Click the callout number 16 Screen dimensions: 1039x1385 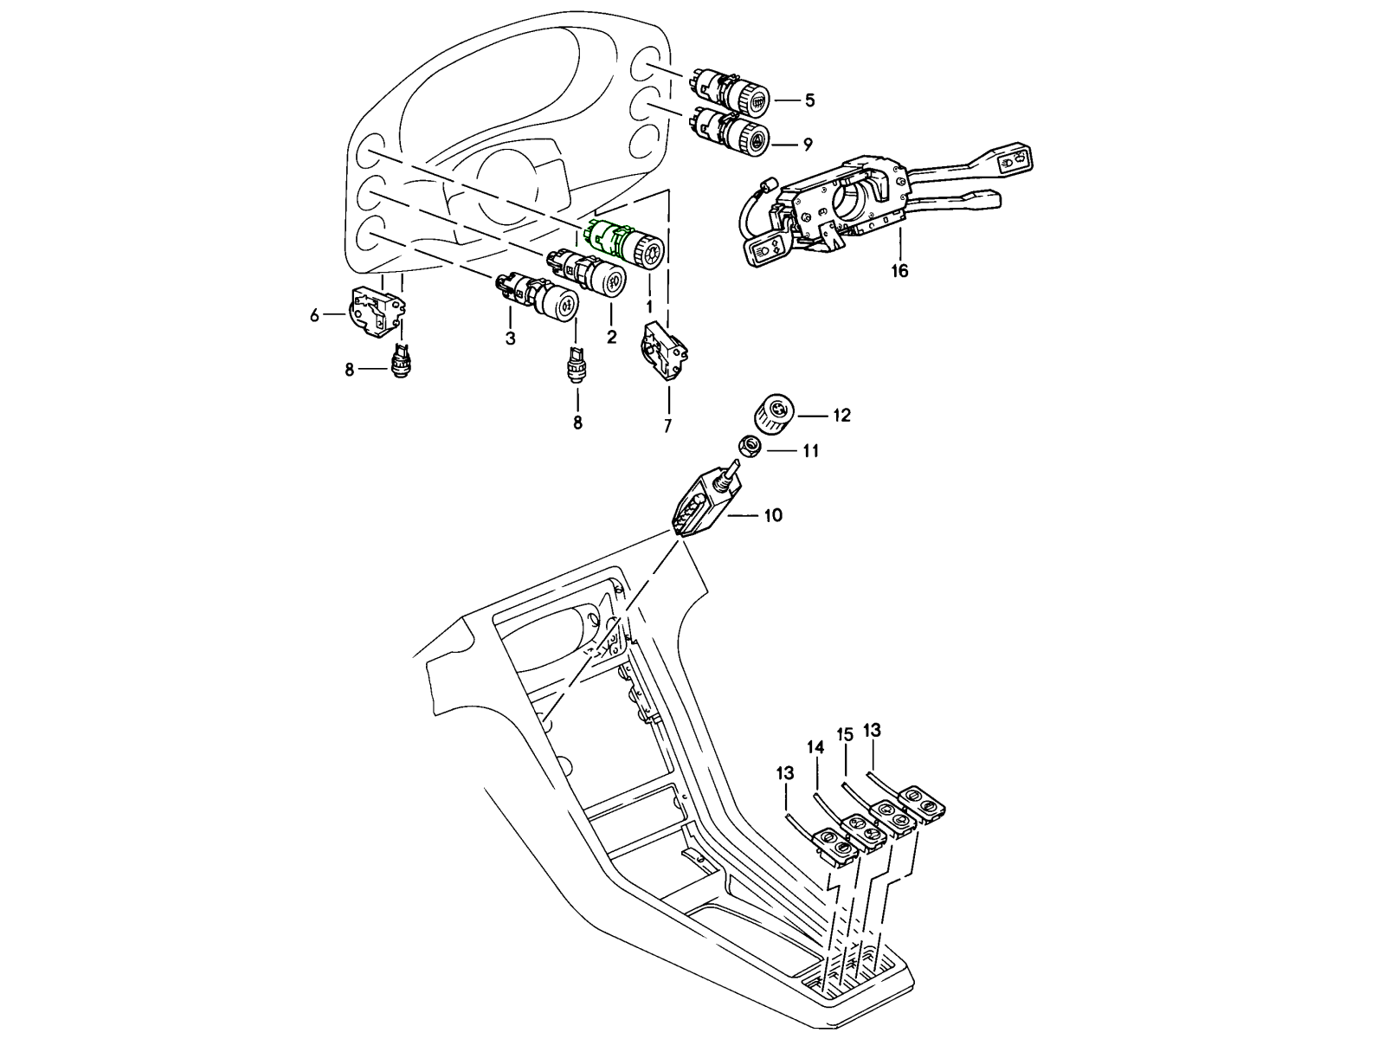click(900, 271)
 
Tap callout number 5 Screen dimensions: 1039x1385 click(809, 100)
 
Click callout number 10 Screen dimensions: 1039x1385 click(772, 515)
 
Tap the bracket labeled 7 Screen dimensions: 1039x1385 click(664, 351)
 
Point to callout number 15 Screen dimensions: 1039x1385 click(846, 735)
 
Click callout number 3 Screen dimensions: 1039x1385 click(510, 339)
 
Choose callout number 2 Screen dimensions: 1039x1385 click(611, 337)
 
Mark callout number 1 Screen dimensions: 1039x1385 click(647, 307)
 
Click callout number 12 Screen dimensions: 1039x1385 click(841, 416)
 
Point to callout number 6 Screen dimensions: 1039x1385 click(315, 315)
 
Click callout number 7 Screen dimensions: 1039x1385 click(667, 426)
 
